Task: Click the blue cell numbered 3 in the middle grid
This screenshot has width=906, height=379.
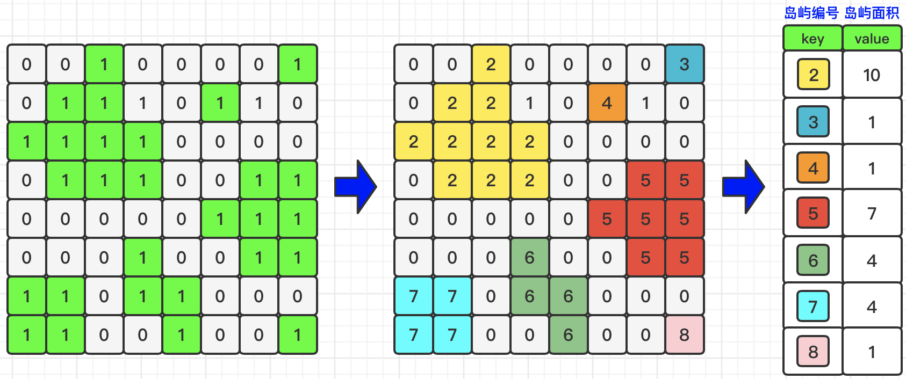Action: click(684, 64)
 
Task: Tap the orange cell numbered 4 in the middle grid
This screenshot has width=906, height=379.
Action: click(607, 103)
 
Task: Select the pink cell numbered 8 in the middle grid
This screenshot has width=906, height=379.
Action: click(684, 335)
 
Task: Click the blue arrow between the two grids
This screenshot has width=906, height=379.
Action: click(355, 186)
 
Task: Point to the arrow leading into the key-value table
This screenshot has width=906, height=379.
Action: click(743, 186)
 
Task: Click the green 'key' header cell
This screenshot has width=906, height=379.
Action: click(812, 39)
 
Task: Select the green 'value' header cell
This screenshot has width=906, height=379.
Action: click(872, 39)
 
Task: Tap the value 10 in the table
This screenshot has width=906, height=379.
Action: click(872, 75)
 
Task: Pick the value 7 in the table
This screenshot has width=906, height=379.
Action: click(872, 214)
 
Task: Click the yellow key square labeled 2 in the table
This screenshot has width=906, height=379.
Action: click(814, 75)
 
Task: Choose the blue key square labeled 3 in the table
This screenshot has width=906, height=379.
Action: click(813, 122)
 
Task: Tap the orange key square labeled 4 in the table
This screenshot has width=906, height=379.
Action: click(813, 168)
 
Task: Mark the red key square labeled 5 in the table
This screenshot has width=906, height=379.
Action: click(813, 214)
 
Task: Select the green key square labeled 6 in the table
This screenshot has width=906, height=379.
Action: click(813, 260)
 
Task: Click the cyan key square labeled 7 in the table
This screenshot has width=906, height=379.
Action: click(813, 307)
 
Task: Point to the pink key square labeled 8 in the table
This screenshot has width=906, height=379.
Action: click(813, 352)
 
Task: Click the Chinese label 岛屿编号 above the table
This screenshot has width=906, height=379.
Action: click(811, 13)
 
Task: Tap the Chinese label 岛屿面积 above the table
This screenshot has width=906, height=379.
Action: click(872, 13)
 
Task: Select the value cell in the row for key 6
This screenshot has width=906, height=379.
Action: click(872, 260)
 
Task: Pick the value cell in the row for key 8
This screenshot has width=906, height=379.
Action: click(872, 352)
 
